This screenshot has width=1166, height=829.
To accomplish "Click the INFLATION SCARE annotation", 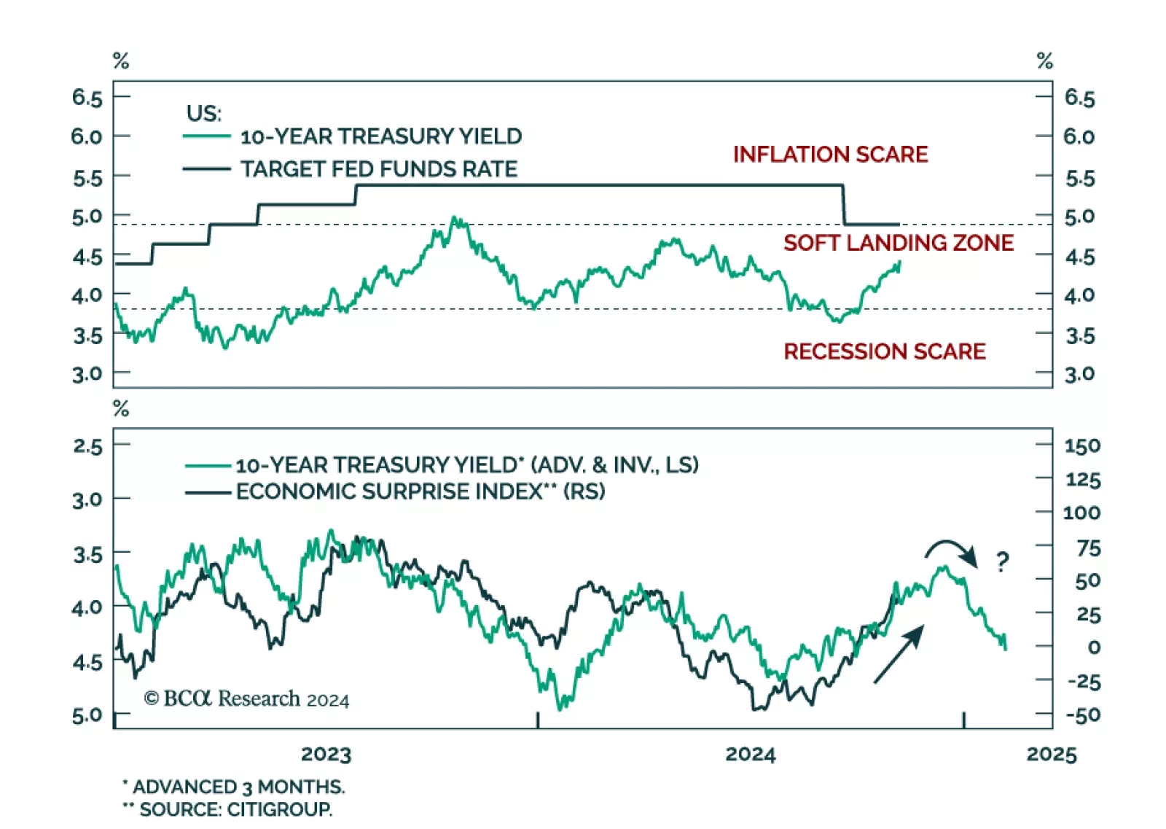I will (x=830, y=155).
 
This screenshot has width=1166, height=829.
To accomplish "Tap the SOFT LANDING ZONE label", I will (x=898, y=243).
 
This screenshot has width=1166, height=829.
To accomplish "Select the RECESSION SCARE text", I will (x=884, y=351).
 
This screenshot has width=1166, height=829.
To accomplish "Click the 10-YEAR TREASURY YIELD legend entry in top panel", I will (x=380, y=136).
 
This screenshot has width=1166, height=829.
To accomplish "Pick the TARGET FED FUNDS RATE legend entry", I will (x=378, y=169).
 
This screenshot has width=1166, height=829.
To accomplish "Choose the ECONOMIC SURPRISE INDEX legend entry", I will (x=420, y=491).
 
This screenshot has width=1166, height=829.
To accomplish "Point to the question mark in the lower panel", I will (x=1003, y=561).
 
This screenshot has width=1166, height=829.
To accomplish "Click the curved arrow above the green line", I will (x=951, y=552).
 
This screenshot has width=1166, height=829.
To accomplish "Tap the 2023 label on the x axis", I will (x=326, y=754).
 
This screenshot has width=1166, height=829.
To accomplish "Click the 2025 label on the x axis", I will (x=1051, y=754).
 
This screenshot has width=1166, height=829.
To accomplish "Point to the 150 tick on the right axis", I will (x=1081, y=445).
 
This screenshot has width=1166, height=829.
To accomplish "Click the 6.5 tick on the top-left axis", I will (x=87, y=97).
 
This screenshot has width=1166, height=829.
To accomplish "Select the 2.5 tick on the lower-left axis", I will (x=87, y=445).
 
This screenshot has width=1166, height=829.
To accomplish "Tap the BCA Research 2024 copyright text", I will (x=246, y=698).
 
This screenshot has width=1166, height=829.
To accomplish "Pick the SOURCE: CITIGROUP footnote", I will (x=227, y=809).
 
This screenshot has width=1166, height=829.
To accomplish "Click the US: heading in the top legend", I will (x=204, y=114).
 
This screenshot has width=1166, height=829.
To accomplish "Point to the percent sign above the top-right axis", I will (x=1044, y=61).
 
